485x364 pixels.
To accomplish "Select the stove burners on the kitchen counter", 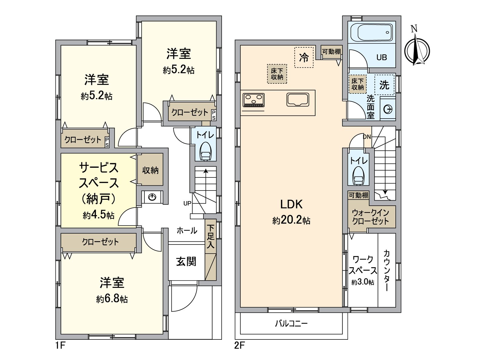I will [x=253, y=100].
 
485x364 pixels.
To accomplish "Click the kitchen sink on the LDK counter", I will [x=298, y=100].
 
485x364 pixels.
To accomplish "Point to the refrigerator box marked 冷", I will [x=304, y=57].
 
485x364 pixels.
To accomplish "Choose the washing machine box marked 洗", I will [x=384, y=85].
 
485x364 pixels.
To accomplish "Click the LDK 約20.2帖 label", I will [x=291, y=212].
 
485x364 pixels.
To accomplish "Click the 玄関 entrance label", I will [x=186, y=261].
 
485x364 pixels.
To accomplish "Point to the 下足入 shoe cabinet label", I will [x=210, y=237].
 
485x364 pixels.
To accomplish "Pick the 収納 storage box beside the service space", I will [x=150, y=170].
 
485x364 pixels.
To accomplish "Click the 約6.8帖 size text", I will [x=112, y=299].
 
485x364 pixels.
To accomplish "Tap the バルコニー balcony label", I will [x=291, y=323].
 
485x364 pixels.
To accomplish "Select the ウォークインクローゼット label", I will [x=370, y=217].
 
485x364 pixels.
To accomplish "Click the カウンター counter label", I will [x=386, y=270].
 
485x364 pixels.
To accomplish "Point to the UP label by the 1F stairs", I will [x=187, y=203].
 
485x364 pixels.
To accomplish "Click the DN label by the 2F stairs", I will [x=367, y=137].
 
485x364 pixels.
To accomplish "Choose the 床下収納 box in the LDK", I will [x=277, y=74].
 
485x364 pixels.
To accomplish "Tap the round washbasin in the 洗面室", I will [x=388, y=109].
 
